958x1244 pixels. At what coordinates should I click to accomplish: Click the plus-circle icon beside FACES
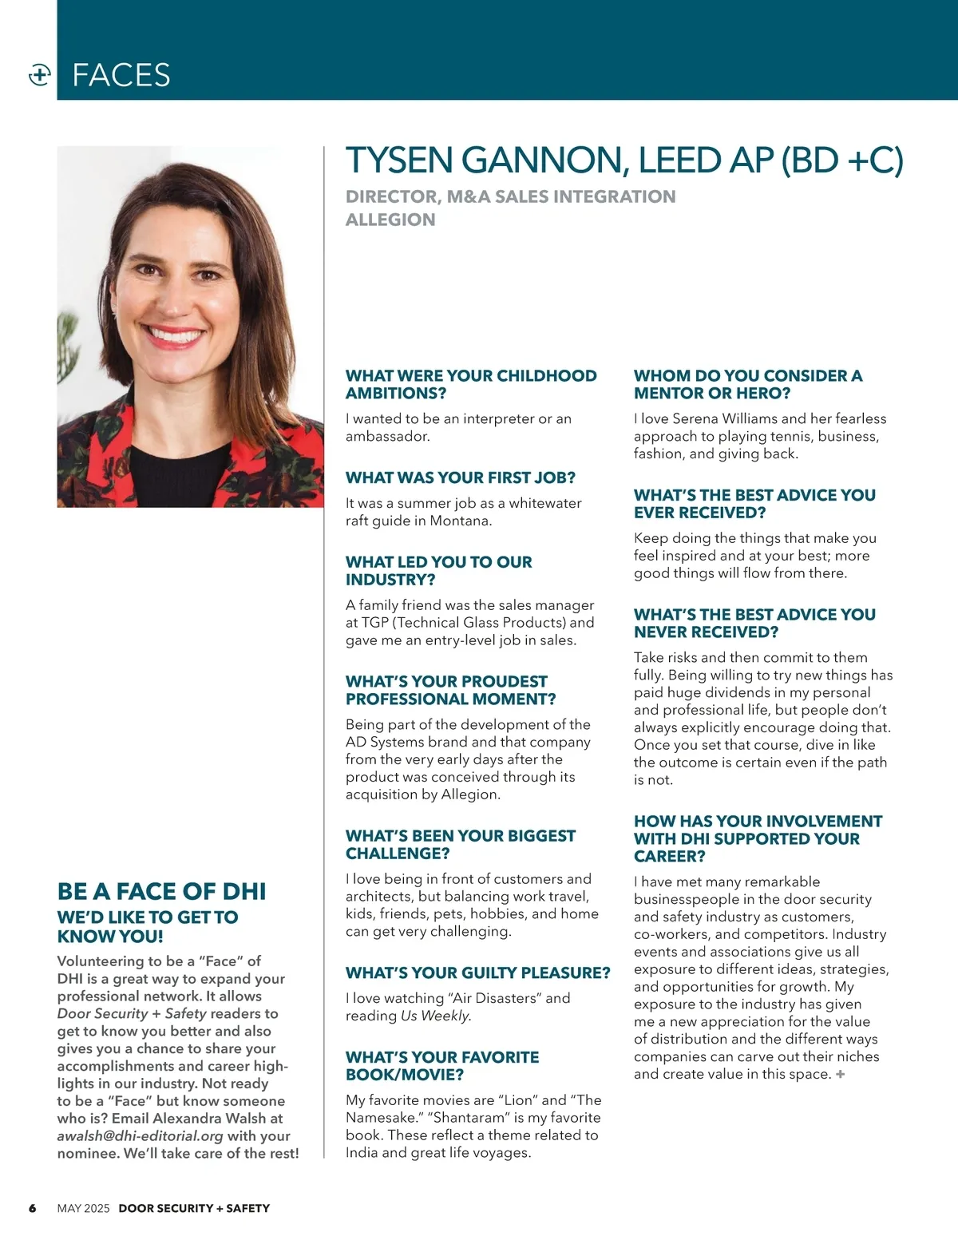tap(39, 75)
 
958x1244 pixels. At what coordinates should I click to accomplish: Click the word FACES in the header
tap(121, 75)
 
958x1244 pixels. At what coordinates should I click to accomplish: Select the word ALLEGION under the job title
tap(390, 220)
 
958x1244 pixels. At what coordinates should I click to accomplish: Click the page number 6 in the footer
tap(33, 1208)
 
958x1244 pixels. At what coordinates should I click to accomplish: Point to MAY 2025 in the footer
tap(83, 1208)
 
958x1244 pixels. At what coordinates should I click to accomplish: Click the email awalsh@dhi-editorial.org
tap(140, 1135)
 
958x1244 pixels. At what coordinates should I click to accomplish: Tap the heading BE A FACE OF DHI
tap(161, 891)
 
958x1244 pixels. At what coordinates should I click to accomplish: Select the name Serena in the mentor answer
tap(695, 418)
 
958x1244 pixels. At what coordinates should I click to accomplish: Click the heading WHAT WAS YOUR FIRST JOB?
tap(460, 477)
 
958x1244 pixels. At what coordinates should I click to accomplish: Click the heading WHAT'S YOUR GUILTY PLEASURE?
tap(477, 973)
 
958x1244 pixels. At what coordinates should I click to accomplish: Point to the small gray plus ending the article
tap(840, 1075)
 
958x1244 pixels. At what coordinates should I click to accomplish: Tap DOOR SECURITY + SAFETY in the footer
tap(194, 1208)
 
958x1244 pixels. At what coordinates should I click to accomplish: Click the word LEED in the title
tap(681, 160)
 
